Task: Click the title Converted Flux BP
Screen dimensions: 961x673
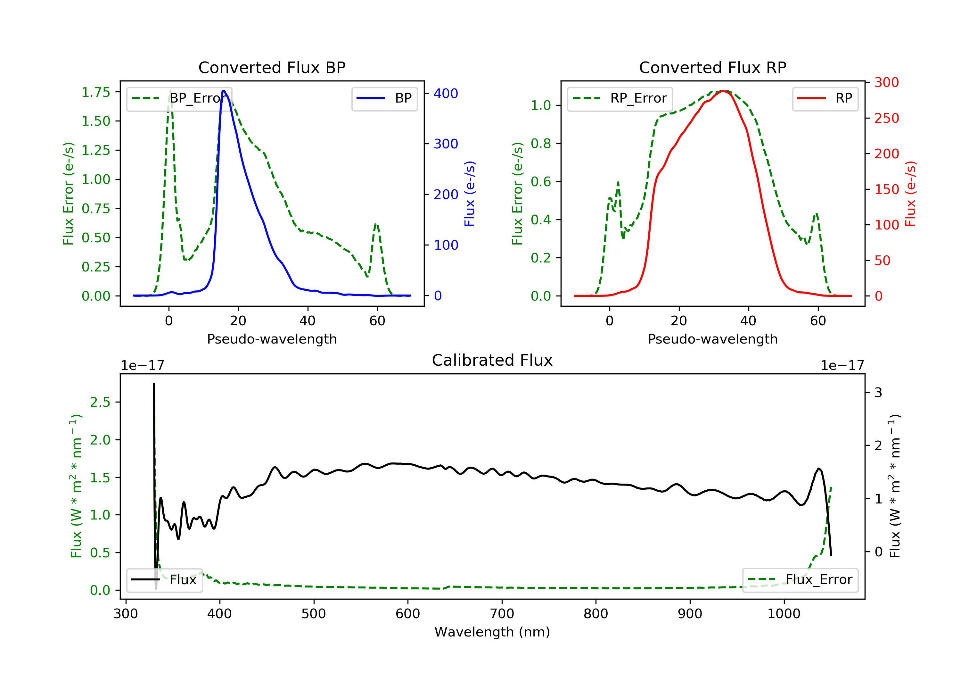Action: [272, 67]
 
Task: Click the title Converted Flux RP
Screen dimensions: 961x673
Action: [712, 67]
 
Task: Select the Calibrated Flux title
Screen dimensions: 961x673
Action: [492, 360]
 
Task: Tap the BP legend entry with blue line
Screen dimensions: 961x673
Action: [384, 98]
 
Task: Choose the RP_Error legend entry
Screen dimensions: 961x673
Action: [620, 98]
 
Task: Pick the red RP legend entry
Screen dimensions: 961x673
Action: [825, 98]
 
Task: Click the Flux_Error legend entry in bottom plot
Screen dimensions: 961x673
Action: [800, 580]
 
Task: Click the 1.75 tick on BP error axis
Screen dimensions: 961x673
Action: [96, 92]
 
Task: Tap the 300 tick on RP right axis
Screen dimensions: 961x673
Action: [886, 82]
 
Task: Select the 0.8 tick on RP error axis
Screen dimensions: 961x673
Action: [541, 143]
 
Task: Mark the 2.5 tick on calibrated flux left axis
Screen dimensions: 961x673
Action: [100, 402]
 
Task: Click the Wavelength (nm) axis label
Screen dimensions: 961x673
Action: [492, 632]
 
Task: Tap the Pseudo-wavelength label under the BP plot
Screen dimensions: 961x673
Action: [272, 339]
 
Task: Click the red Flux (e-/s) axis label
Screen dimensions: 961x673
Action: [910, 194]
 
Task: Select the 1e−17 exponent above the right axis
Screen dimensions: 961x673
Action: [842, 366]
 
